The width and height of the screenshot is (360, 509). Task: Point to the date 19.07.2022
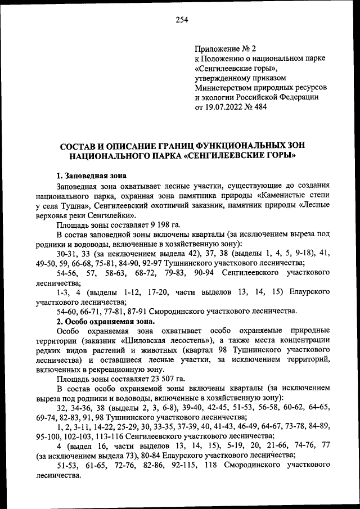click(224, 107)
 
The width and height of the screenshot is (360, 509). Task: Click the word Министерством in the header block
click(221, 88)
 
